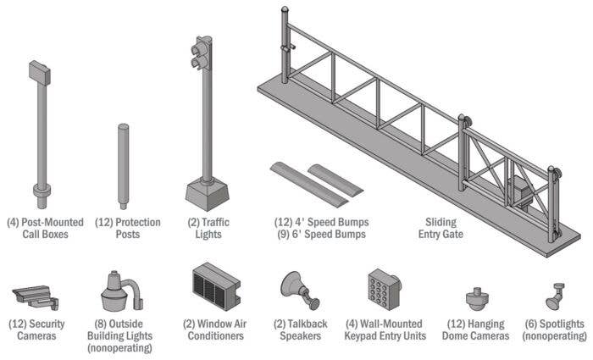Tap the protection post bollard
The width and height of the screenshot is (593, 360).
pyautogui.click(x=123, y=165)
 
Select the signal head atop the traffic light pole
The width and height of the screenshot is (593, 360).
pyautogui.click(x=202, y=53)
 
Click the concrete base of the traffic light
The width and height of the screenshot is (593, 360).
pyautogui.click(x=205, y=194)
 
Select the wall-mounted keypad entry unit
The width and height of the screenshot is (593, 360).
pyautogui.click(x=384, y=291)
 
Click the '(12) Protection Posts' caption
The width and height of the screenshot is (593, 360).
pyautogui.click(x=126, y=228)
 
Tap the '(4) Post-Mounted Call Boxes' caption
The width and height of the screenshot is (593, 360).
pyautogui.click(x=45, y=228)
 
